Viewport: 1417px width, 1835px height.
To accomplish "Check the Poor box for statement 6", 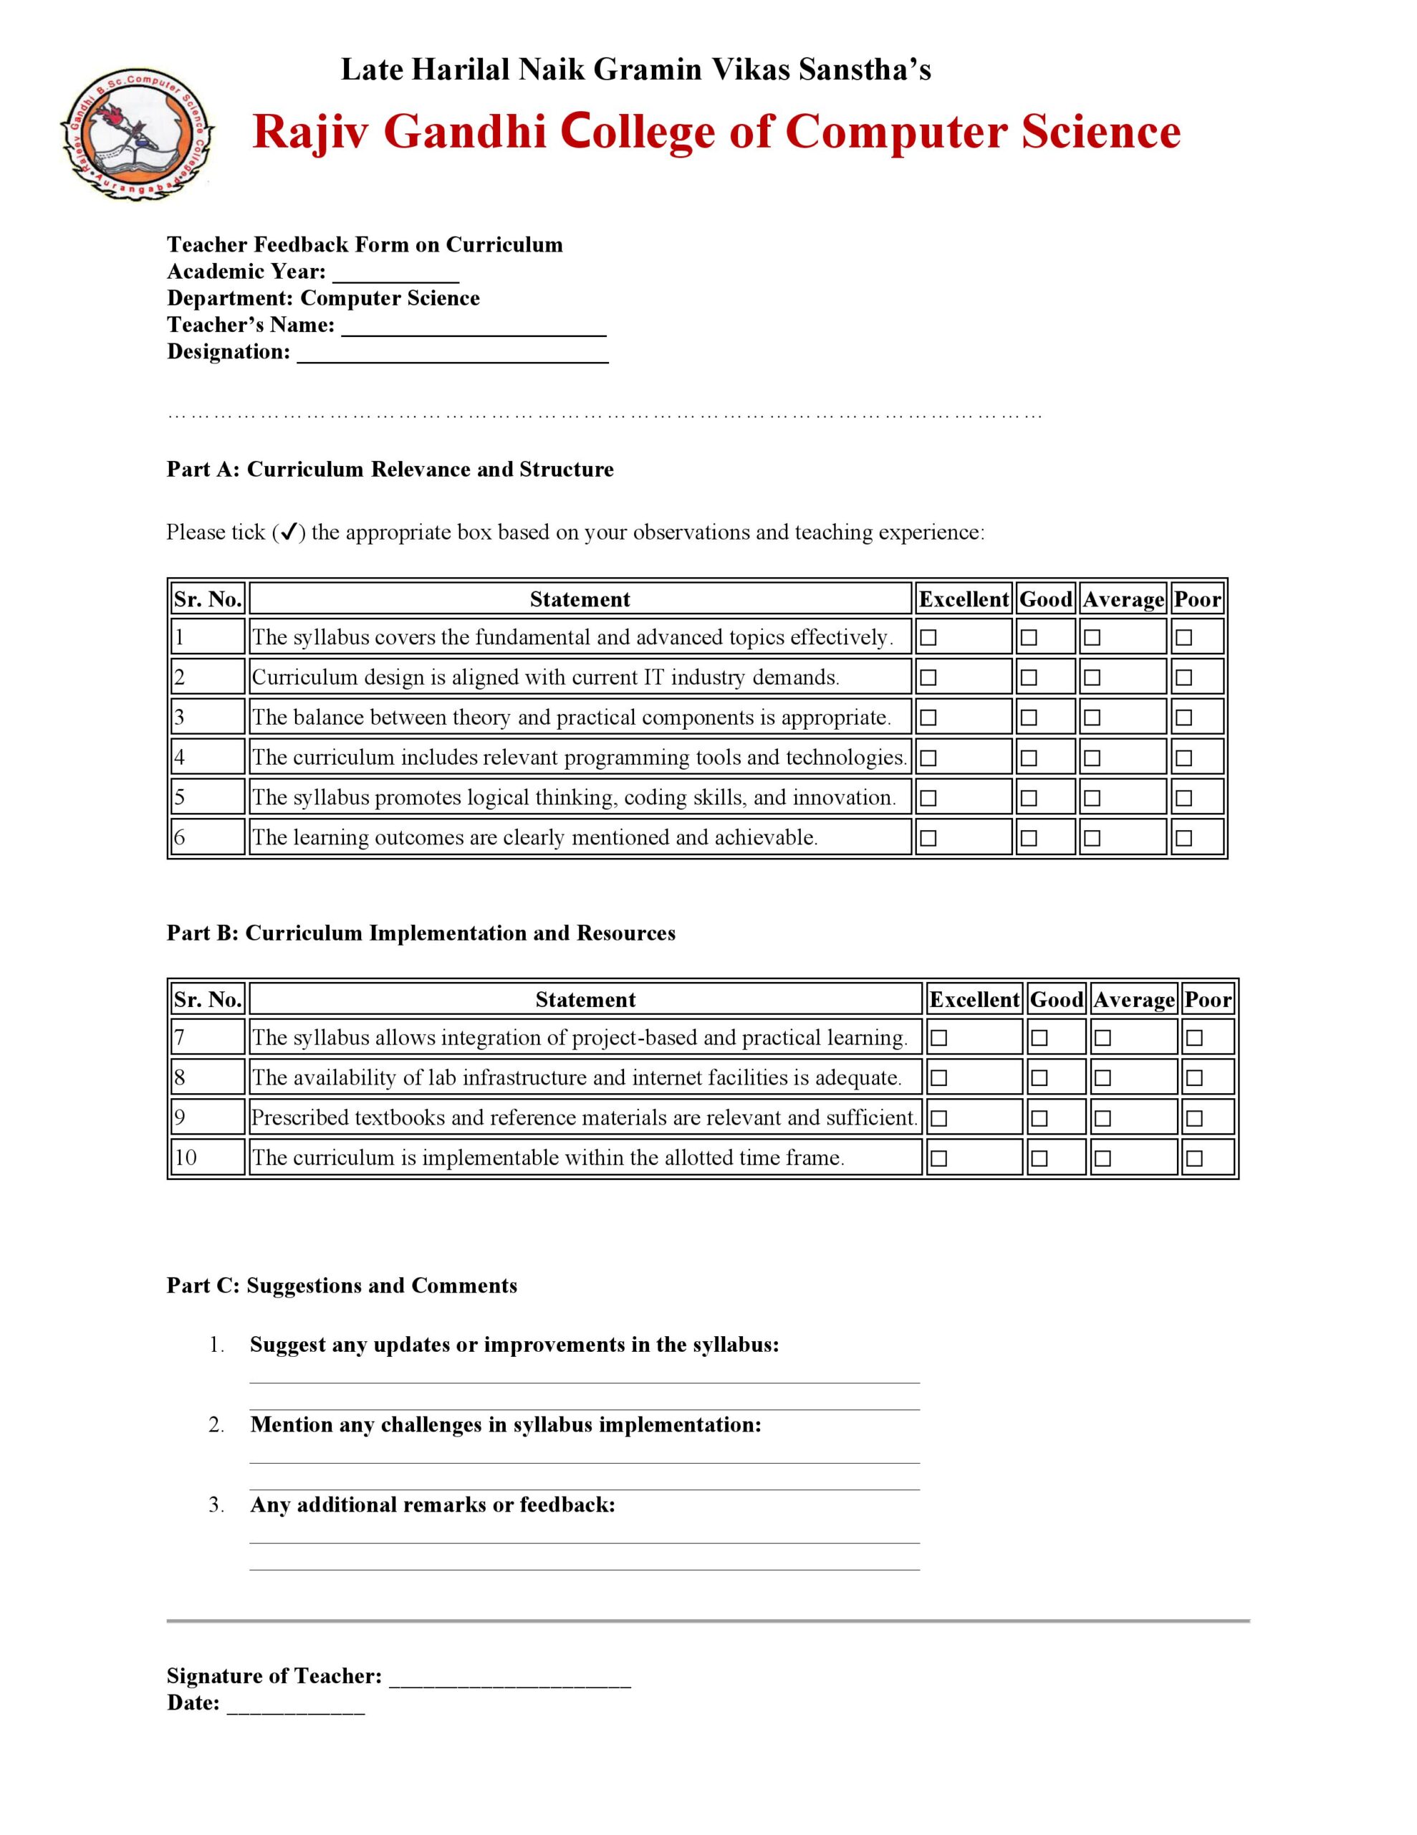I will pos(1183,838).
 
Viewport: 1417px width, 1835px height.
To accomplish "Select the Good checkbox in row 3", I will pos(1028,718).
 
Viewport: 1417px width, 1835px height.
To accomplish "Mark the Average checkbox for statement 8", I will pos(1102,1078).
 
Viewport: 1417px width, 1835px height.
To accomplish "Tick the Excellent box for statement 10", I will pos(938,1158).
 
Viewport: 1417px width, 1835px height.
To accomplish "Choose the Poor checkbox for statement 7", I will pos(1193,1039).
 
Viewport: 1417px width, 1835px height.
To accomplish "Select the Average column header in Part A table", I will pos(1123,599).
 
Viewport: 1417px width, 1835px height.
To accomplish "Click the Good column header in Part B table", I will pos(1056,999).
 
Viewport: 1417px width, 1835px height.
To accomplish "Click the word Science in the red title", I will pos(1100,132).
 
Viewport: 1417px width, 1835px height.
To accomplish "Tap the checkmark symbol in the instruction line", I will pos(288,533).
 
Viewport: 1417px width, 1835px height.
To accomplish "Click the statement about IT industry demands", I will pos(545,677).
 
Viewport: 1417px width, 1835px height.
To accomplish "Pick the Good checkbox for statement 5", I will pos(1028,799).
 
